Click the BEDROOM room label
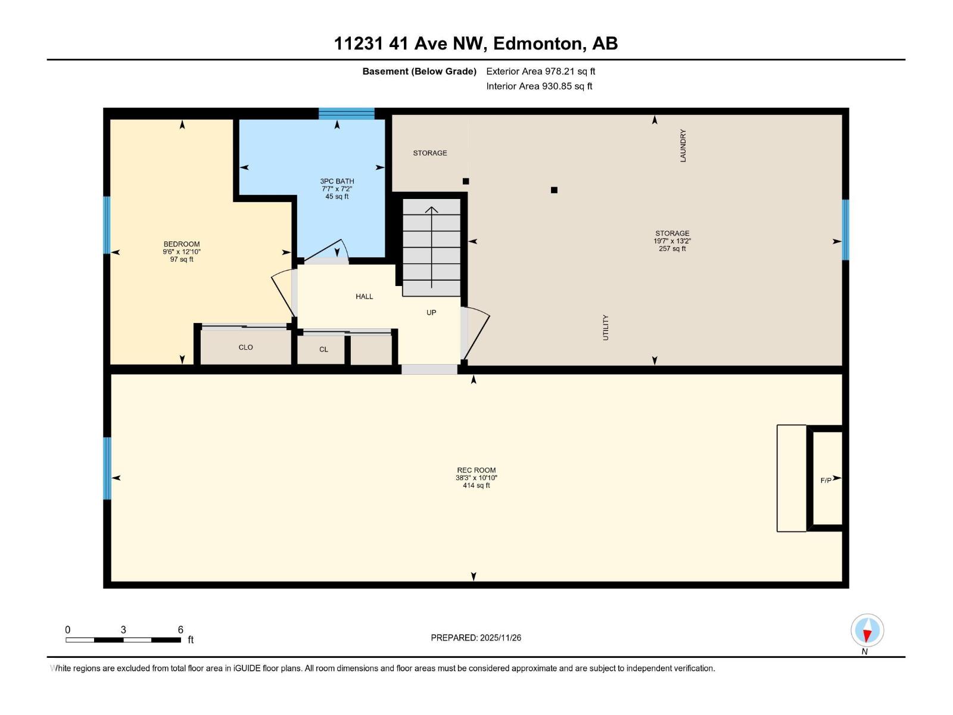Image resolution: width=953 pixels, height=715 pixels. (x=182, y=244)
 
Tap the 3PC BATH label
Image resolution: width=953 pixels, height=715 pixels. (x=337, y=181)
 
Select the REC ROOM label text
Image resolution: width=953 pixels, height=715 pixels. (x=476, y=470)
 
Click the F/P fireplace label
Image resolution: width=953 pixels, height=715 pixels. (x=826, y=480)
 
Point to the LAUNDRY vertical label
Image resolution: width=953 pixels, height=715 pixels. (x=683, y=146)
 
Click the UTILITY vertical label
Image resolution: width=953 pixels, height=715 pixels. (x=606, y=328)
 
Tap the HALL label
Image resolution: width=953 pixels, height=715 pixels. (x=364, y=296)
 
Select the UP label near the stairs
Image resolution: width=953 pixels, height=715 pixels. (x=431, y=312)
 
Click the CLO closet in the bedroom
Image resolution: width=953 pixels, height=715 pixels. (x=245, y=347)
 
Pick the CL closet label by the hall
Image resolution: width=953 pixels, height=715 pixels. (x=323, y=349)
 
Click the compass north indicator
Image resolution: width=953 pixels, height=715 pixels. (x=867, y=630)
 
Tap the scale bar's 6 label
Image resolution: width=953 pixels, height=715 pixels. (x=180, y=630)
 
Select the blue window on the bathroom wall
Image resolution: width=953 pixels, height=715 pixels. (x=346, y=113)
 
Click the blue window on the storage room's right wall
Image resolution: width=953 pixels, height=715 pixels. (x=845, y=229)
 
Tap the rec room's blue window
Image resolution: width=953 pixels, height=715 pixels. (x=107, y=468)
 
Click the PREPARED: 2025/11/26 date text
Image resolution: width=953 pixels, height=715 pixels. (x=476, y=638)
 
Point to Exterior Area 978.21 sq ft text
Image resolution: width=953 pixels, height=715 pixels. (x=540, y=71)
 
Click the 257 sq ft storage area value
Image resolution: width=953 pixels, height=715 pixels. (x=672, y=249)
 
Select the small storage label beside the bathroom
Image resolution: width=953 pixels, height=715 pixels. (x=430, y=153)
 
